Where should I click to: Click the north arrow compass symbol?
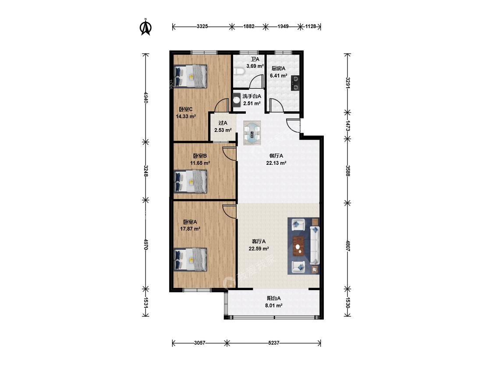click(145, 27)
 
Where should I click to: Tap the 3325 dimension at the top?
click(202, 26)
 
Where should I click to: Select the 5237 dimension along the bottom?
click(273, 343)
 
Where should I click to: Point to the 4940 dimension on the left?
click(145, 97)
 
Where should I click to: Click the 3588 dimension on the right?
click(348, 171)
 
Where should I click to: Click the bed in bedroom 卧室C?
click(191, 76)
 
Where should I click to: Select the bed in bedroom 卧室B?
click(191, 181)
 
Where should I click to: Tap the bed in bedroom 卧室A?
click(191, 260)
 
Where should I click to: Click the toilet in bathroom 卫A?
click(239, 71)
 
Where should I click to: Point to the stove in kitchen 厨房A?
click(295, 83)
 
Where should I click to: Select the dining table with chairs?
click(252, 132)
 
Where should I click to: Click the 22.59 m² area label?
click(259, 249)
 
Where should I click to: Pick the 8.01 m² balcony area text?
click(274, 305)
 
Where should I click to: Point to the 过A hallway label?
click(223, 123)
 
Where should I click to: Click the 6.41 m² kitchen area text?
click(279, 75)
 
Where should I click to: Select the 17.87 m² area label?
click(190, 229)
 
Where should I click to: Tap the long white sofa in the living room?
click(315, 245)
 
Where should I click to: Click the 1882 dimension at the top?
click(249, 26)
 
